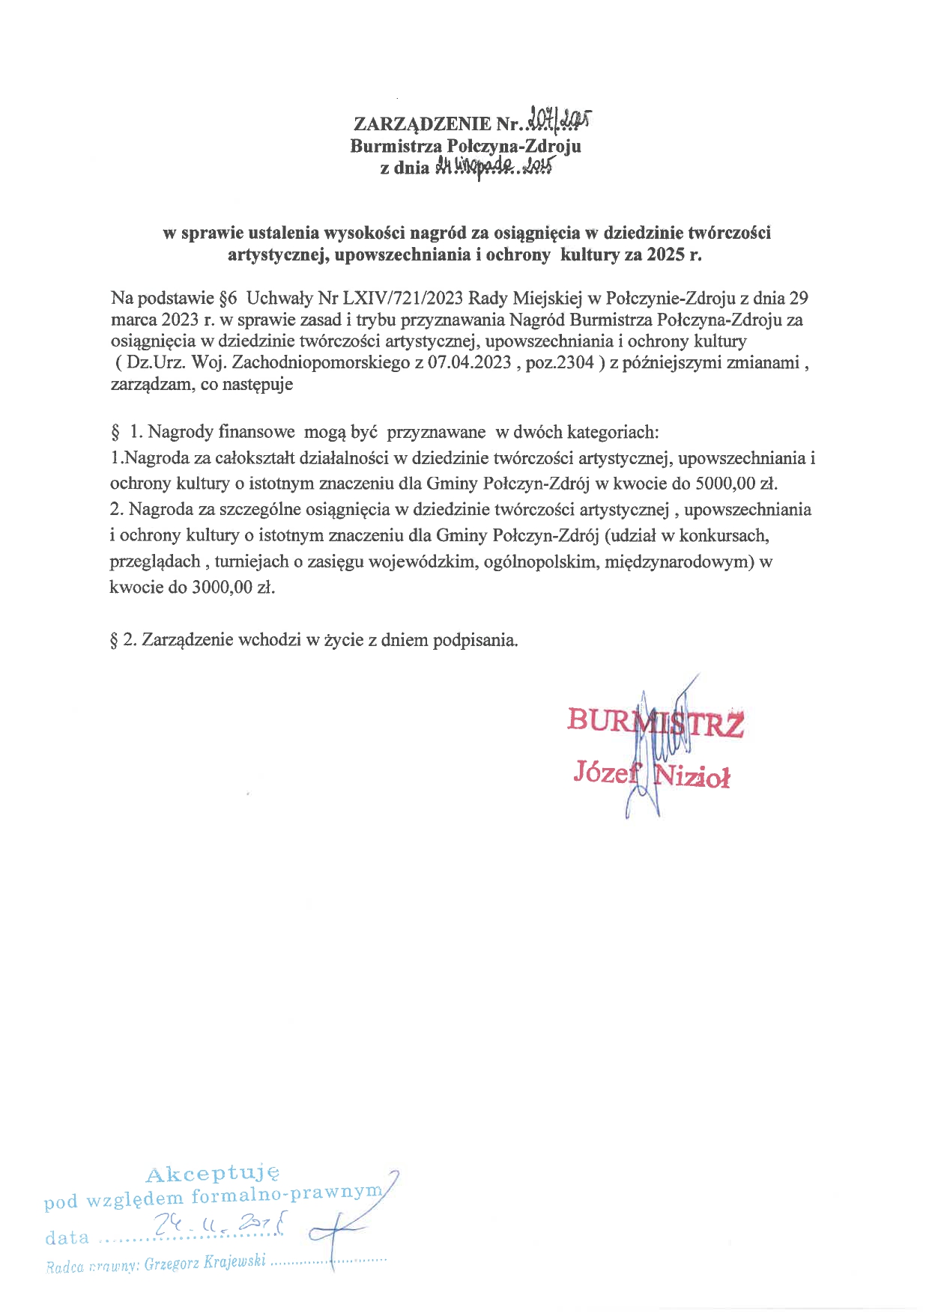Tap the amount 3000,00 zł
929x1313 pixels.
coord(233,588)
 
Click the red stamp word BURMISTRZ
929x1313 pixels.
coord(655,722)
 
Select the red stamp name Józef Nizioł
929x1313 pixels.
coord(651,773)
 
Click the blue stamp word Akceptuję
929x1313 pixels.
coord(213,1173)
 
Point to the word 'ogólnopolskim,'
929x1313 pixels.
coord(537,561)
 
